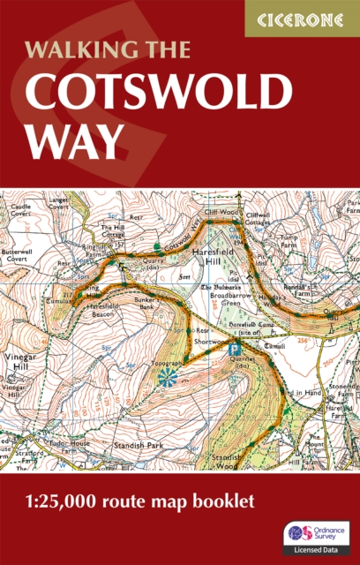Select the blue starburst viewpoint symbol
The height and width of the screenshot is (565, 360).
coord(167,377)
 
